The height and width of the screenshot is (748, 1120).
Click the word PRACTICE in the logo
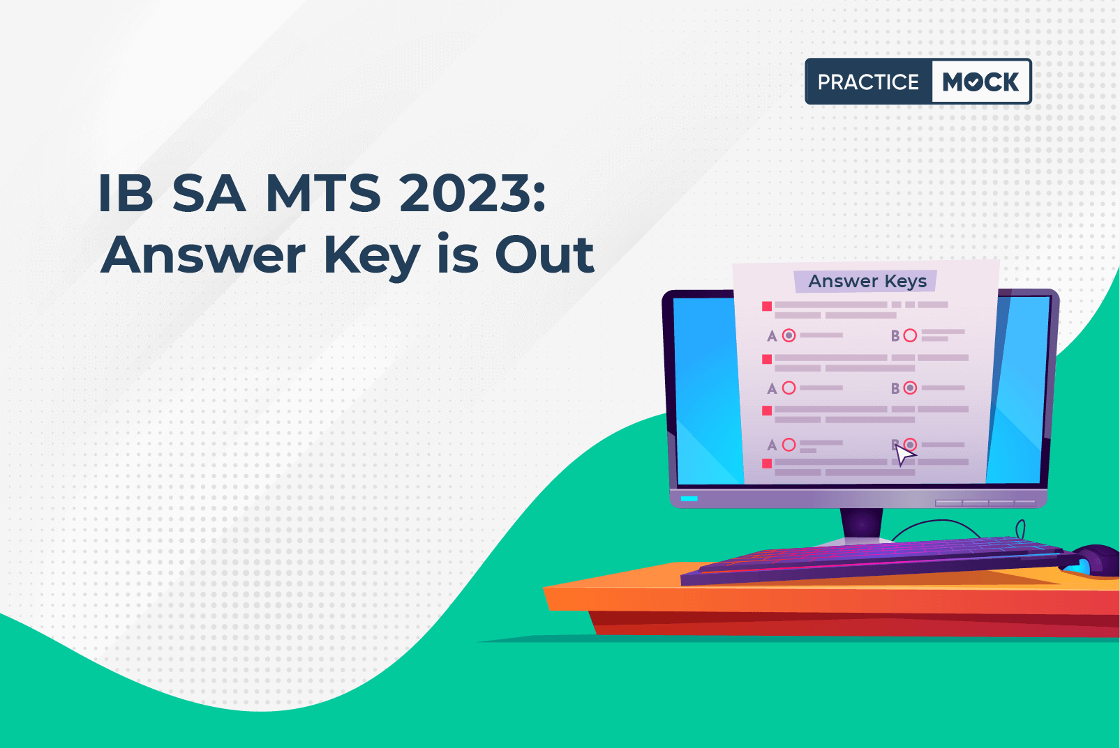[x=868, y=82]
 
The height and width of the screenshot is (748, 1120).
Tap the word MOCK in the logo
[x=980, y=82]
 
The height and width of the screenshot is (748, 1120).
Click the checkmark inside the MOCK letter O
[x=973, y=82]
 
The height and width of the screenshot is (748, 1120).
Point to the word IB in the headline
[x=126, y=193]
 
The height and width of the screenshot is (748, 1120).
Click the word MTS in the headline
[x=323, y=193]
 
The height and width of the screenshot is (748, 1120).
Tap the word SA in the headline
[x=209, y=193]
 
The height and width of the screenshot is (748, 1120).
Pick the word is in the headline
[x=458, y=254]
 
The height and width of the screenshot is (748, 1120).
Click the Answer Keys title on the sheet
[x=867, y=281]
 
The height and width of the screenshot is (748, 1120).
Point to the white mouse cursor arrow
[x=904, y=455]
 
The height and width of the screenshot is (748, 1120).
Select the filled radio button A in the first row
[x=789, y=335]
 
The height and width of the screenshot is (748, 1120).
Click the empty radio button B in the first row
[x=910, y=335]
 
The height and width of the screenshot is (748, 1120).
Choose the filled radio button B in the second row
[x=910, y=388]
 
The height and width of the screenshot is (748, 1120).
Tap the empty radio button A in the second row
[x=789, y=388]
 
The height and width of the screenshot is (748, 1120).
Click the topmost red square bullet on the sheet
[x=767, y=306]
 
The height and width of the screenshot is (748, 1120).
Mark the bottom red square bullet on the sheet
[x=767, y=464]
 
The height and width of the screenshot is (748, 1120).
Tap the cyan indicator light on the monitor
[x=689, y=498]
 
